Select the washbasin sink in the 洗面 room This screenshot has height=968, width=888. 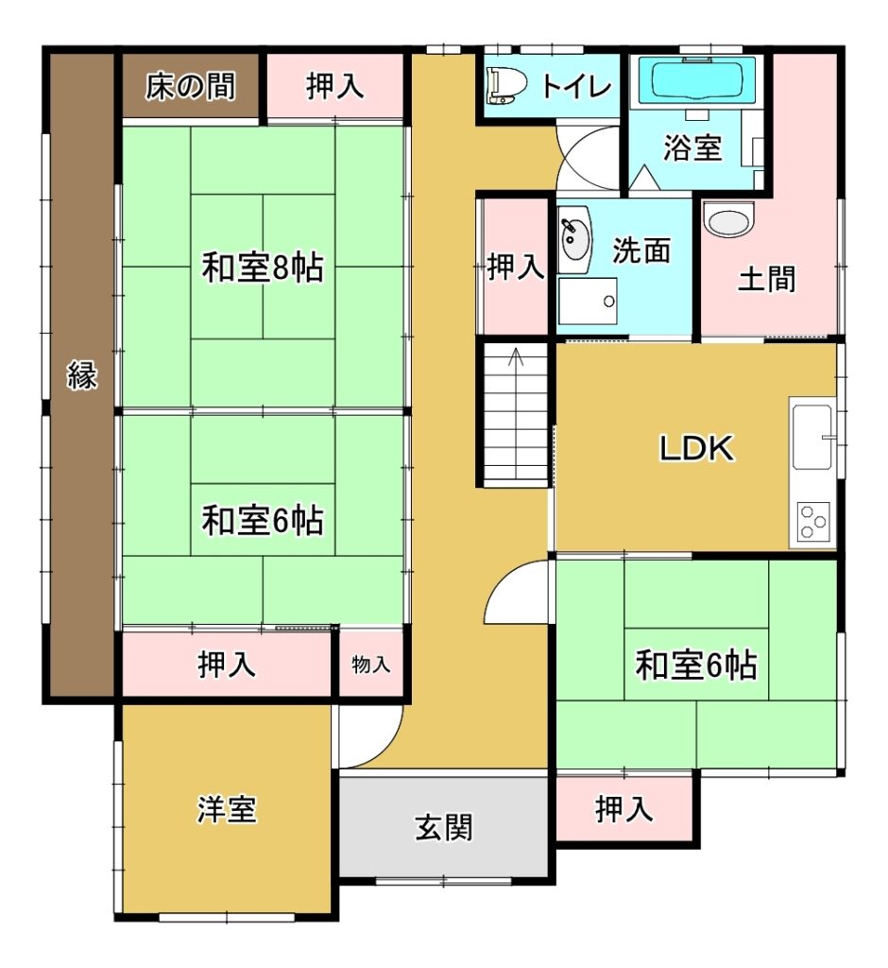pyautogui.click(x=574, y=240)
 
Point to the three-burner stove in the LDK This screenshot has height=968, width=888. pyautogui.click(x=812, y=522)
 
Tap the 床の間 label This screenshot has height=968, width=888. pyautogui.click(x=191, y=86)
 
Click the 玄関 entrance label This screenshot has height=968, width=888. pyautogui.click(x=444, y=827)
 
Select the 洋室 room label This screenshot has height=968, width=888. pyautogui.click(x=227, y=809)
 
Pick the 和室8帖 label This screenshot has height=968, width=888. pyautogui.click(x=263, y=268)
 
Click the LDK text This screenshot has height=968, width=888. pyautogui.click(x=696, y=448)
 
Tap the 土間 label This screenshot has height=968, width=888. pyautogui.click(x=767, y=279)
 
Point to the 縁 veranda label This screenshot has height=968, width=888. pyautogui.click(x=82, y=375)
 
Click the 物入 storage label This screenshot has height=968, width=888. pyautogui.click(x=371, y=665)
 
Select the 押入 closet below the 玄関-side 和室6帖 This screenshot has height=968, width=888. pyautogui.click(x=624, y=809)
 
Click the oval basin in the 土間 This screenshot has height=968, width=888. pyautogui.click(x=728, y=219)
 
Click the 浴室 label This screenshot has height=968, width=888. pyautogui.click(x=692, y=147)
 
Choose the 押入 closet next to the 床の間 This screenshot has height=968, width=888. pyautogui.click(x=334, y=85)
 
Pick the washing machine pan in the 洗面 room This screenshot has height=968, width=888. pyautogui.click(x=588, y=302)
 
